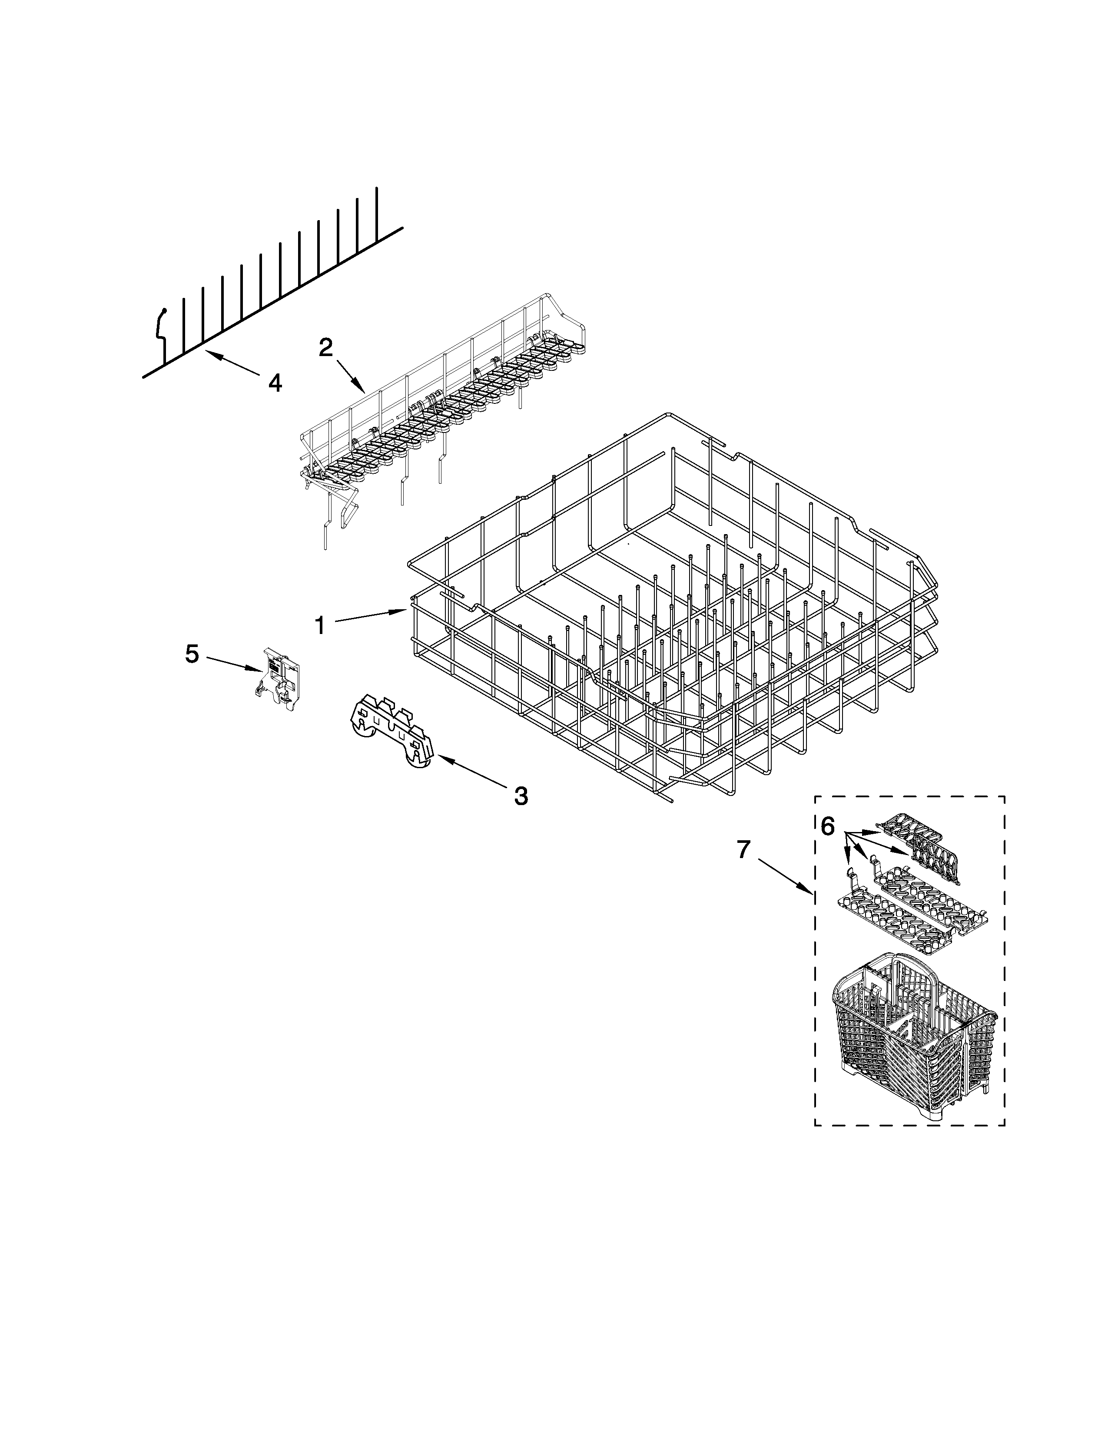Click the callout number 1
pyautogui.click(x=320, y=625)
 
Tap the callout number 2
pyautogui.click(x=326, y=348)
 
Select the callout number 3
pyautogui.click(x=521, y=796)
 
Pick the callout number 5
pyautogui.click(x=192, y=654)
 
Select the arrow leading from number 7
pyautogui.click(x=784, y=873)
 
